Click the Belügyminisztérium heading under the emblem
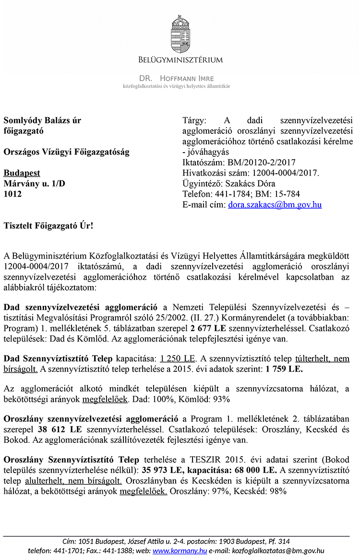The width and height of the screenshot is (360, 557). (180, 60)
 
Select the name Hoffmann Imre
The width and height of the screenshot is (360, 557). (187, 78)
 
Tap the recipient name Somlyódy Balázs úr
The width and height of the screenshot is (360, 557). (43, 120)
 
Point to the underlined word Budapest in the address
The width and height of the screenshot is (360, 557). (22, 173)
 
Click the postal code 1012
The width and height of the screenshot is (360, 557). (13, 194)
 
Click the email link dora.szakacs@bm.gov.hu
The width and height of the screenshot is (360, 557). (275, 204)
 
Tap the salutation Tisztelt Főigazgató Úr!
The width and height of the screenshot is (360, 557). (48, 225)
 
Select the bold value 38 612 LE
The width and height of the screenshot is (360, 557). (59, 429)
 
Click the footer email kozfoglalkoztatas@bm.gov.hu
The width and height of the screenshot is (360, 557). (278, 551)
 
